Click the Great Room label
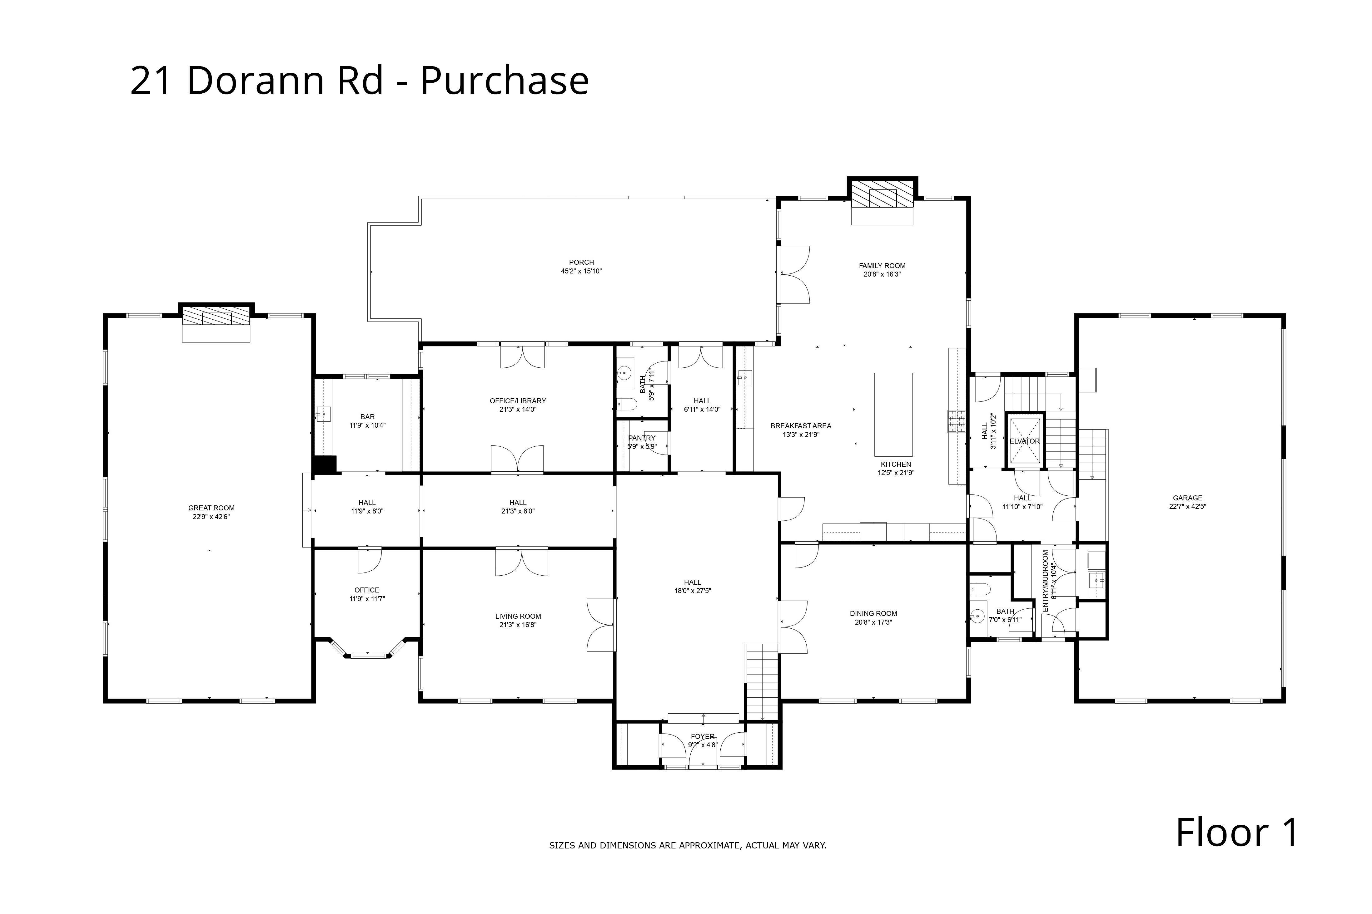pyautogui.click(x=211, y=508)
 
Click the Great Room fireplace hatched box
pyautogui.click(x=216, y=317)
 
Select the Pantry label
pyautogui.click(x=642, y=438)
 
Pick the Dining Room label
pyautogui.click(x=873, y=613)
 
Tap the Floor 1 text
pyautogui.click(x=1237, y=833)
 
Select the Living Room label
pyautogui.click(x=518, y=616)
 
